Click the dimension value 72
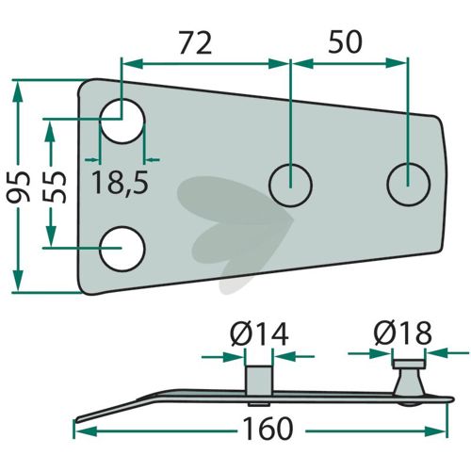[x=195, y=42]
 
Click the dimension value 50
[x=345, y=41]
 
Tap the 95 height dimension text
[x=19, y=187]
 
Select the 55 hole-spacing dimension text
[x=55, y=187]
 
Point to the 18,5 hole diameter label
[x=120, y=183]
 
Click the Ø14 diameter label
[x=259, y=334]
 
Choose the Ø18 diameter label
[x=403, y=333]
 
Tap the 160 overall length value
[x=268, y=429]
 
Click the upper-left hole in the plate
[x=122, y=121]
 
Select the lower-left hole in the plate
[x=122, y=249]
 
